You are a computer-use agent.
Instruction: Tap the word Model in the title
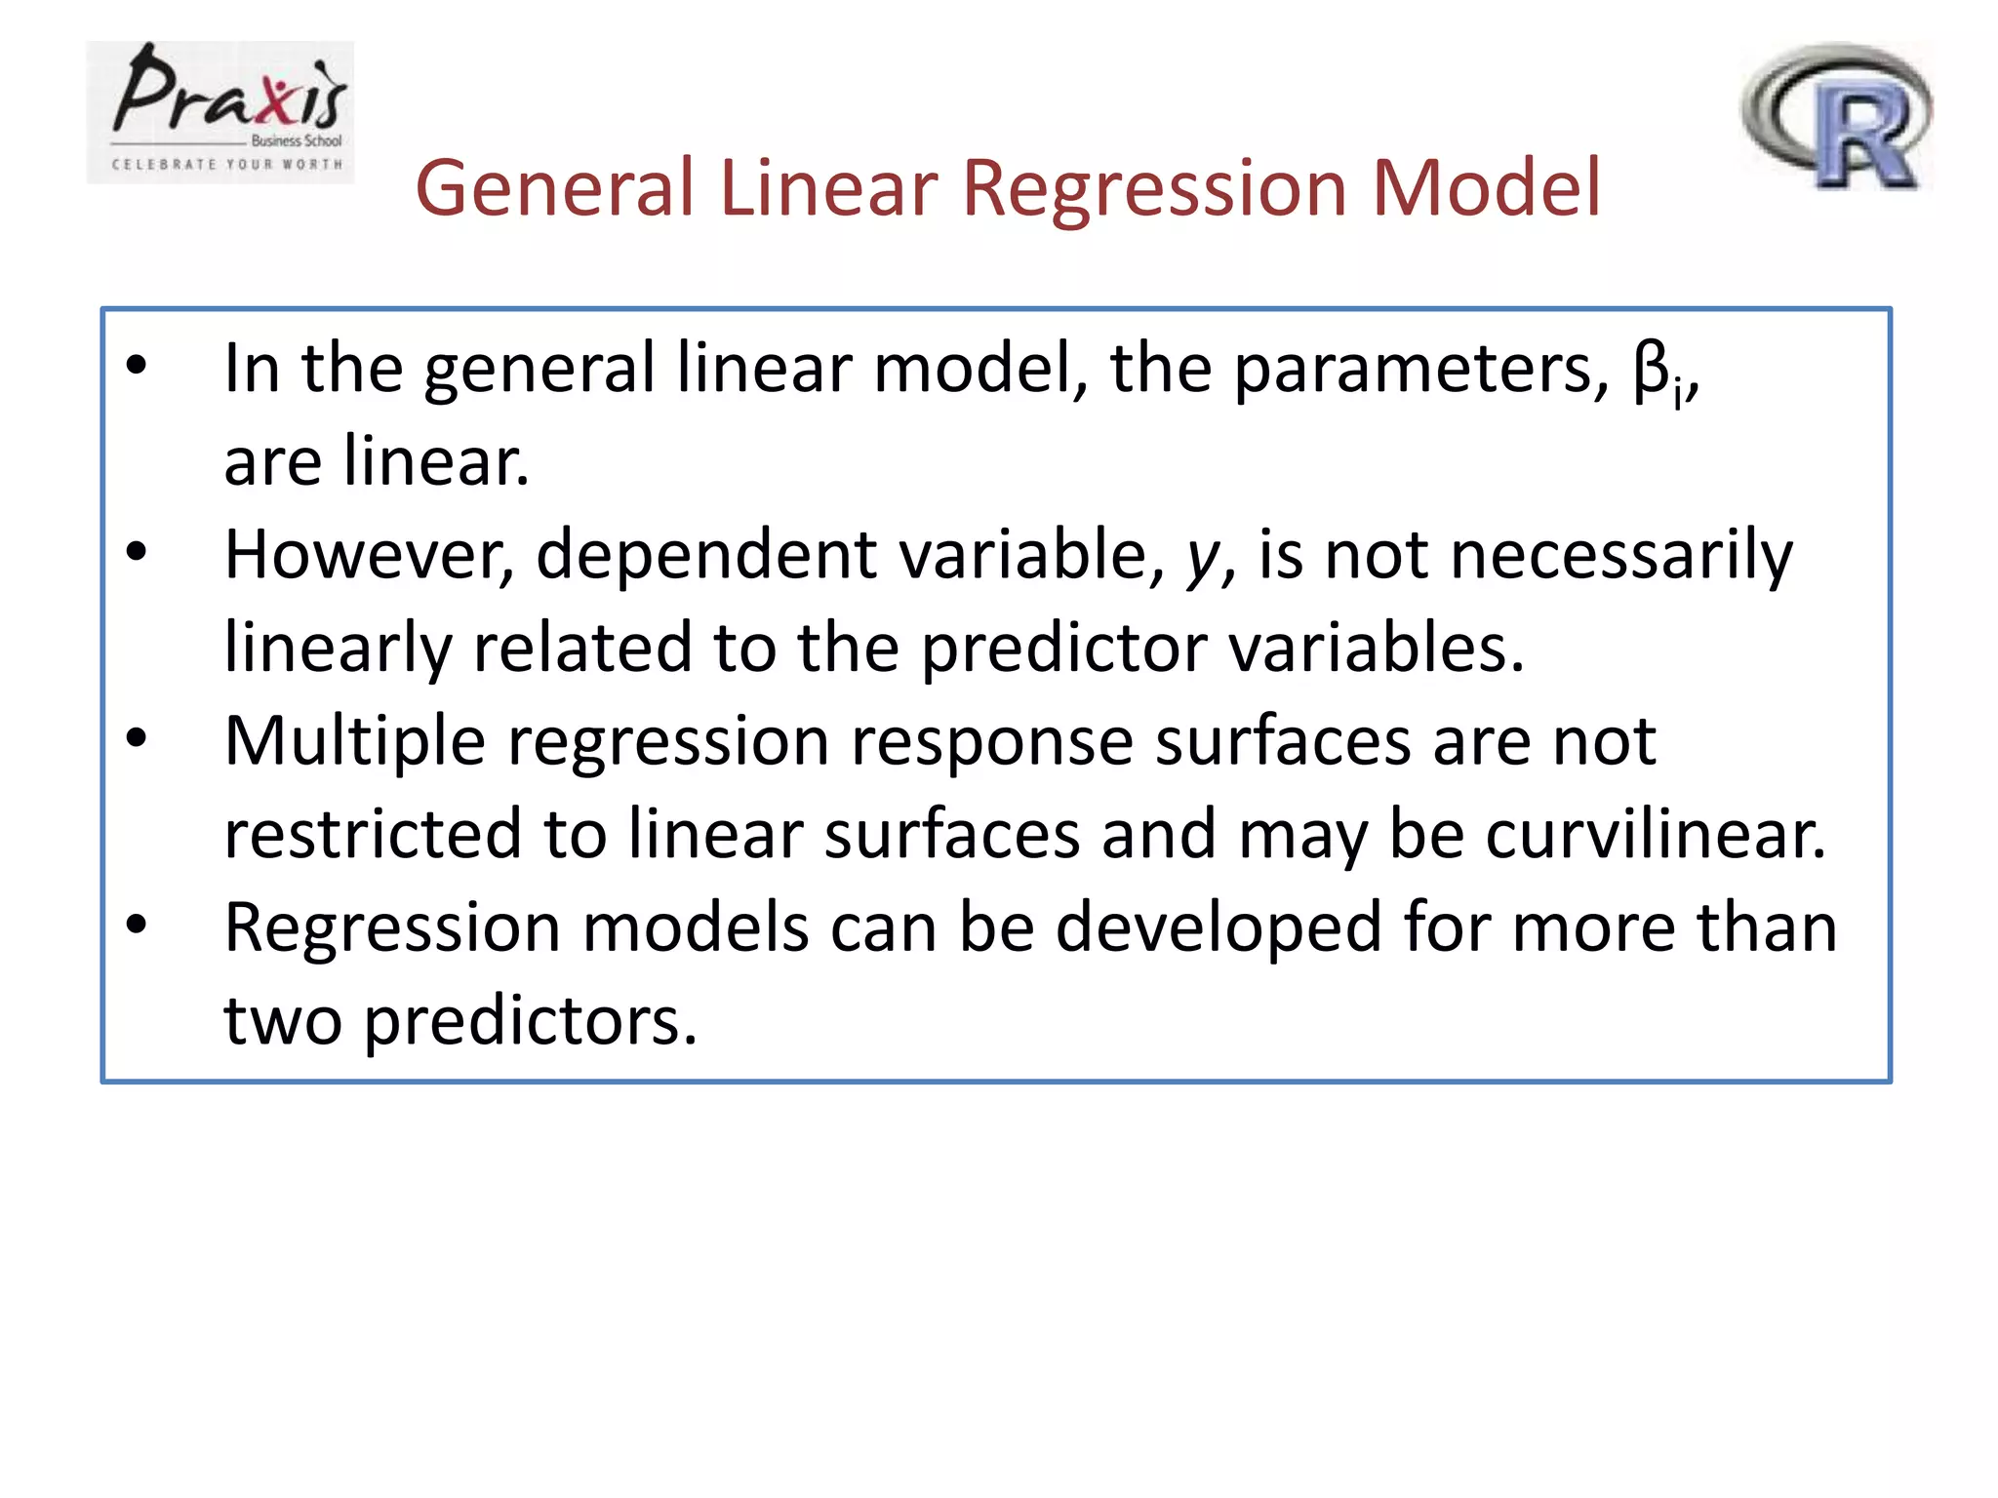pos(1486,188)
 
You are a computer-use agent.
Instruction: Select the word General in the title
pos(554,188)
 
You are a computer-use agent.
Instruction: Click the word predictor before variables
pos(1064,649)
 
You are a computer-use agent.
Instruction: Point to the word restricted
pos(373,835)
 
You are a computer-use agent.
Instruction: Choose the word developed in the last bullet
pos(1219,929)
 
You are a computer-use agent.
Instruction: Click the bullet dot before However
pos(137,551)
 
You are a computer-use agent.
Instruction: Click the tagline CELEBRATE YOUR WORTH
pos(227,165)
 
